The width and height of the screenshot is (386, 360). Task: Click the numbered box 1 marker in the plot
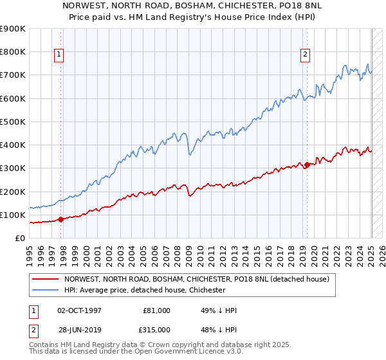point(59,55)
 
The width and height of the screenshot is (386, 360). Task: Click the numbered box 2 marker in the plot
point(305,55)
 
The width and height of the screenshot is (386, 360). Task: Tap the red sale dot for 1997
point(60,219)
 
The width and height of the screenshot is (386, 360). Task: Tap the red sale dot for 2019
point(307,165)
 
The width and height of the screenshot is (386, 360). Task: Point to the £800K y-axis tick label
point(13,51)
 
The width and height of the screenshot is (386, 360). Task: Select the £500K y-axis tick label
point(13,122)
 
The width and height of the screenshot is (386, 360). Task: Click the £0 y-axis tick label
point(21,238)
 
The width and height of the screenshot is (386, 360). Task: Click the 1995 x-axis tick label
point(30,253)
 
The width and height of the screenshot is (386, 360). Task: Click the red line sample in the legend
point(46,279)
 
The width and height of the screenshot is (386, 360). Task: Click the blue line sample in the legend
point(46,290)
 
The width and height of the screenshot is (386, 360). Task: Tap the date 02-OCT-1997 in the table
point(79,310)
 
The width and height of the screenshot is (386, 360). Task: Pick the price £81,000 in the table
point(156,310)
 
